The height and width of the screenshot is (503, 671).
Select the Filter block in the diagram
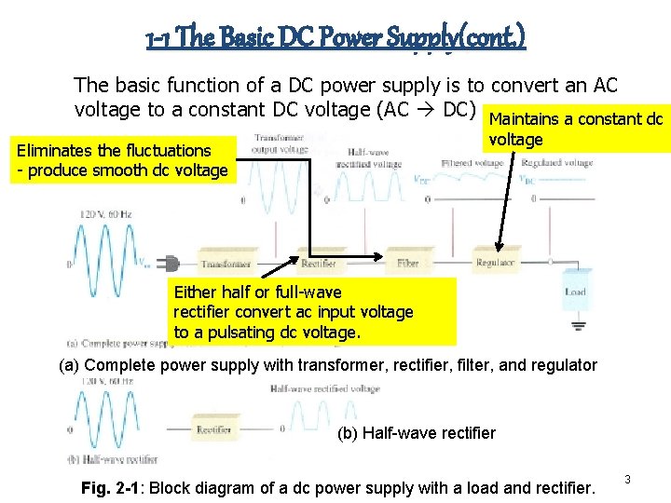(407, 264)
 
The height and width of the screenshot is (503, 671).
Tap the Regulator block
(495, 264)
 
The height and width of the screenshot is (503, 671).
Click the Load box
(575, 292)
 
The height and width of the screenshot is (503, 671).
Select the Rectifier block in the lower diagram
(214, 429)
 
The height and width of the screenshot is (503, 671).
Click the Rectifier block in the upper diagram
(318, 264)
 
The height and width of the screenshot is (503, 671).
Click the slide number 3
(627, 479)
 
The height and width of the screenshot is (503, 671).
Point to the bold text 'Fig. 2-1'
(111, 487)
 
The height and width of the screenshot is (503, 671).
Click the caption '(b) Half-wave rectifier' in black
(416, 432)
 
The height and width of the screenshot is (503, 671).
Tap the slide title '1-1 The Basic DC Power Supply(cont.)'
(335, 37)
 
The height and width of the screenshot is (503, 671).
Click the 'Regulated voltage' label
(556, 163)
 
